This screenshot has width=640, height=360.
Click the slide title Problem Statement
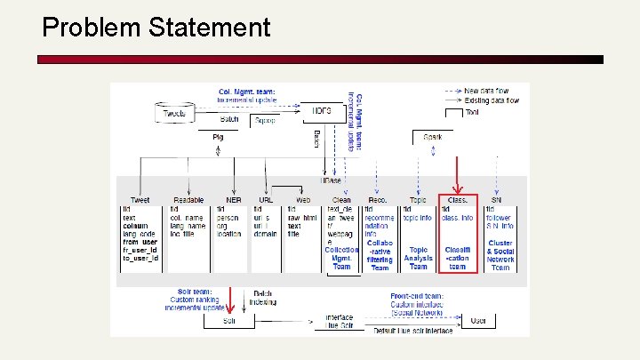click(x=156, y=28)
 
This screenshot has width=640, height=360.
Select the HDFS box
click(x=321, y=112)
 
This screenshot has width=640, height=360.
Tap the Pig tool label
click(x=218, y=137)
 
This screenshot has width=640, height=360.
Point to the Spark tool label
click(x=432, y=137)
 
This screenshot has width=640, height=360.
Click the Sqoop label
click(x=266, y=120)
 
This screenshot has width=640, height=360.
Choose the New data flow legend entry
click(x=492, y=91)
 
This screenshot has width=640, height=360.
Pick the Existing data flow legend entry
click(x=496, y=101)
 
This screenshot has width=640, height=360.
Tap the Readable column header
click(x=188, y=200)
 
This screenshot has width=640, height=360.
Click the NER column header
click(x=233, y=200)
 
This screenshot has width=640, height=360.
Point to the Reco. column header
click(x=377, y=200)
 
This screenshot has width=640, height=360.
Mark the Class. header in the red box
click(x=457, y=200)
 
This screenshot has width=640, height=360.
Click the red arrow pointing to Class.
click(x=457, y=175)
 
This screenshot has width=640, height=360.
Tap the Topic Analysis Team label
click(x=419, y=259)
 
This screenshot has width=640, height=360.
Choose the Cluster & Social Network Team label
click(x=500, y=255)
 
